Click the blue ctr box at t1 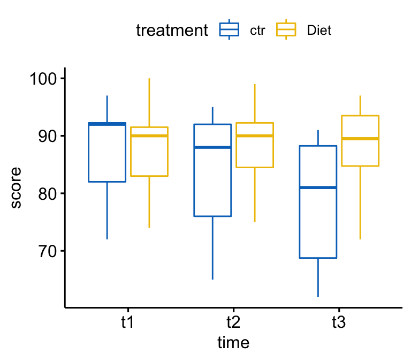(107, 153)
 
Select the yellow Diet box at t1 (149, 152)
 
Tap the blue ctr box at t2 (212, 170)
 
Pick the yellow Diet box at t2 (255, 145)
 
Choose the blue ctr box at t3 (318, 201)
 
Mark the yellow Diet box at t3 (360, 140)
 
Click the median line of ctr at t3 (318, 187)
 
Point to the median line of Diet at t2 (255, 136)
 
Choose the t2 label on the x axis (233, 323)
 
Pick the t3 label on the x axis (339, 323)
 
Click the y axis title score (16, 187)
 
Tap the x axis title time (233, 342)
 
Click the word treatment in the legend (171, 31)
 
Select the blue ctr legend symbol (229, 31)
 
